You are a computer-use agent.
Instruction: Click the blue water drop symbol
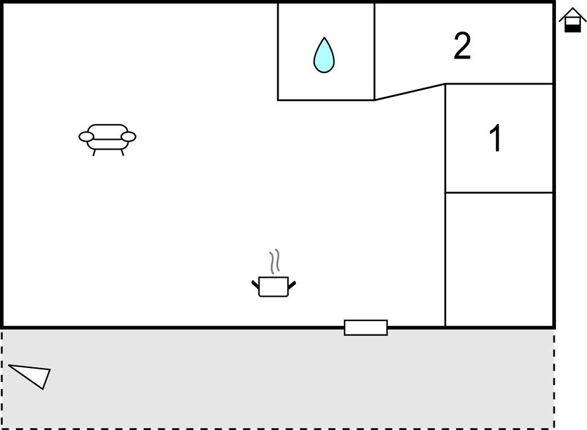point(324,56)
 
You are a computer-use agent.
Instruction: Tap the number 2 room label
point(462,46)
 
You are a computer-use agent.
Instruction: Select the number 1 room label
point(495,138)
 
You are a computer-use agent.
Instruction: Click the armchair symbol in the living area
point(107,139)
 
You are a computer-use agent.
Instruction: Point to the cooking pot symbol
point(273,287)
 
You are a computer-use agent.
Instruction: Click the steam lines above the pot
point(275,261)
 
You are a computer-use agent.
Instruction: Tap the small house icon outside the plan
point(573,20)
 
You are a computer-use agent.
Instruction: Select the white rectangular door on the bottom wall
point(366,327)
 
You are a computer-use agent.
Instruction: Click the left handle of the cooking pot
point(255,284)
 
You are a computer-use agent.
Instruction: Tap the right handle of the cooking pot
point(292,285)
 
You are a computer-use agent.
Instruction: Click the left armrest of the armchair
point(86,137)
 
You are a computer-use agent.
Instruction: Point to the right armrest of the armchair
point(128,137)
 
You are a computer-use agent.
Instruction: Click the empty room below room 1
point(499,259)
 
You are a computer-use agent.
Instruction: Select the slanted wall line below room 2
point(410,92)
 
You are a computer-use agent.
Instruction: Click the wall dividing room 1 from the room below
point(499,193)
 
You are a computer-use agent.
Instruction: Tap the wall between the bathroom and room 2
point(374,51)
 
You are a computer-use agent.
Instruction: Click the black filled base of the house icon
point(573,28)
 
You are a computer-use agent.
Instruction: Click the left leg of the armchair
point(94,152)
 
